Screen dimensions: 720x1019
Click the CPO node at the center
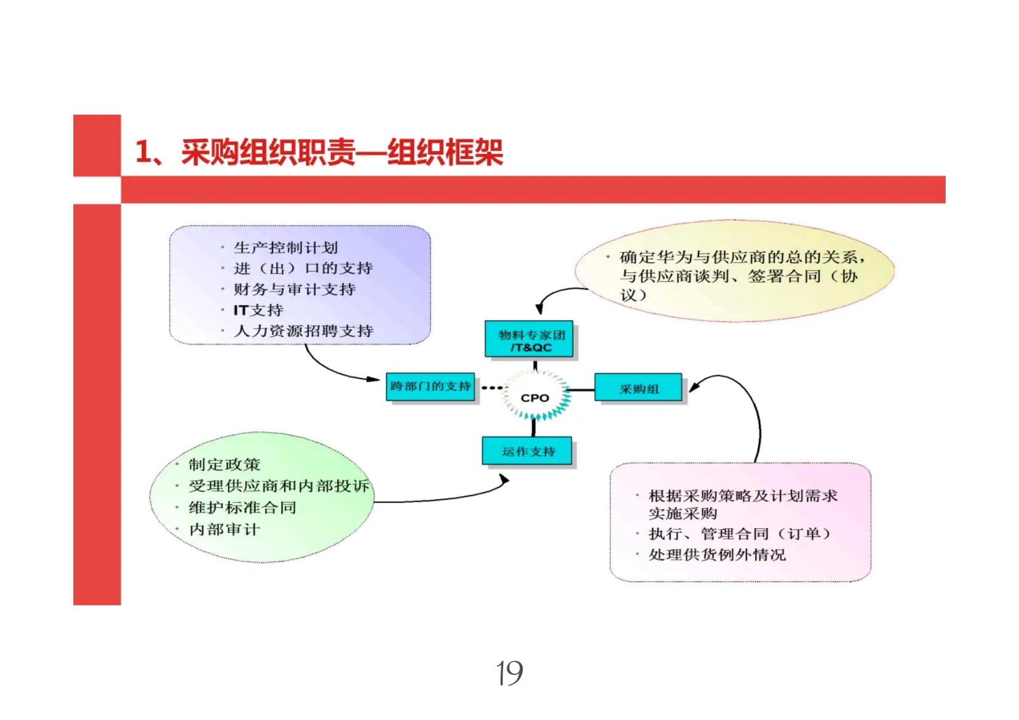click(x=534, y=398)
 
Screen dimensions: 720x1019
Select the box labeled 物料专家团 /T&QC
click(x=530, y=340)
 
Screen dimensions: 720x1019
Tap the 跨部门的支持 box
click(x=430, y=387)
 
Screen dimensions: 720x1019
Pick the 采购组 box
click(x=638, y=388)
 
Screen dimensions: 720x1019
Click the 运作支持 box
click(x=528, y=451)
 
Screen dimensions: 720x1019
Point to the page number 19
click(x=510, y=673)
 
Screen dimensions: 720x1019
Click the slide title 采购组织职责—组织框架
click(x=319, y=152)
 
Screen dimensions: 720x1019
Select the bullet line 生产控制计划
click(x=285, y=248)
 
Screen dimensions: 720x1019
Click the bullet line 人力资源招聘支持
click(x=303, y=331)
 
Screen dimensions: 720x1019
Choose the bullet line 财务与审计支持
click(x=294, y=289)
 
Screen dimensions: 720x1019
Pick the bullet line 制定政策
click(x=224, y=464)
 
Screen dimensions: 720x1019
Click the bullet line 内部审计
click(x=224, y=529)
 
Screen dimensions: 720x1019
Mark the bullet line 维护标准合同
click(x=242, y=507)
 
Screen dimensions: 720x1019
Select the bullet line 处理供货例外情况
click(x=717, y=554)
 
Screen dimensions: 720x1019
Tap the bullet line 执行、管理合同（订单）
click(x=739, y=533)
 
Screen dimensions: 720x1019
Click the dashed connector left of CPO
click(x=491, y=388)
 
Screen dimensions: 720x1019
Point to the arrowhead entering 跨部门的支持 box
click(x=375, y=378)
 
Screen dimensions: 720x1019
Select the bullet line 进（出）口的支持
click(x=303, y=268)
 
